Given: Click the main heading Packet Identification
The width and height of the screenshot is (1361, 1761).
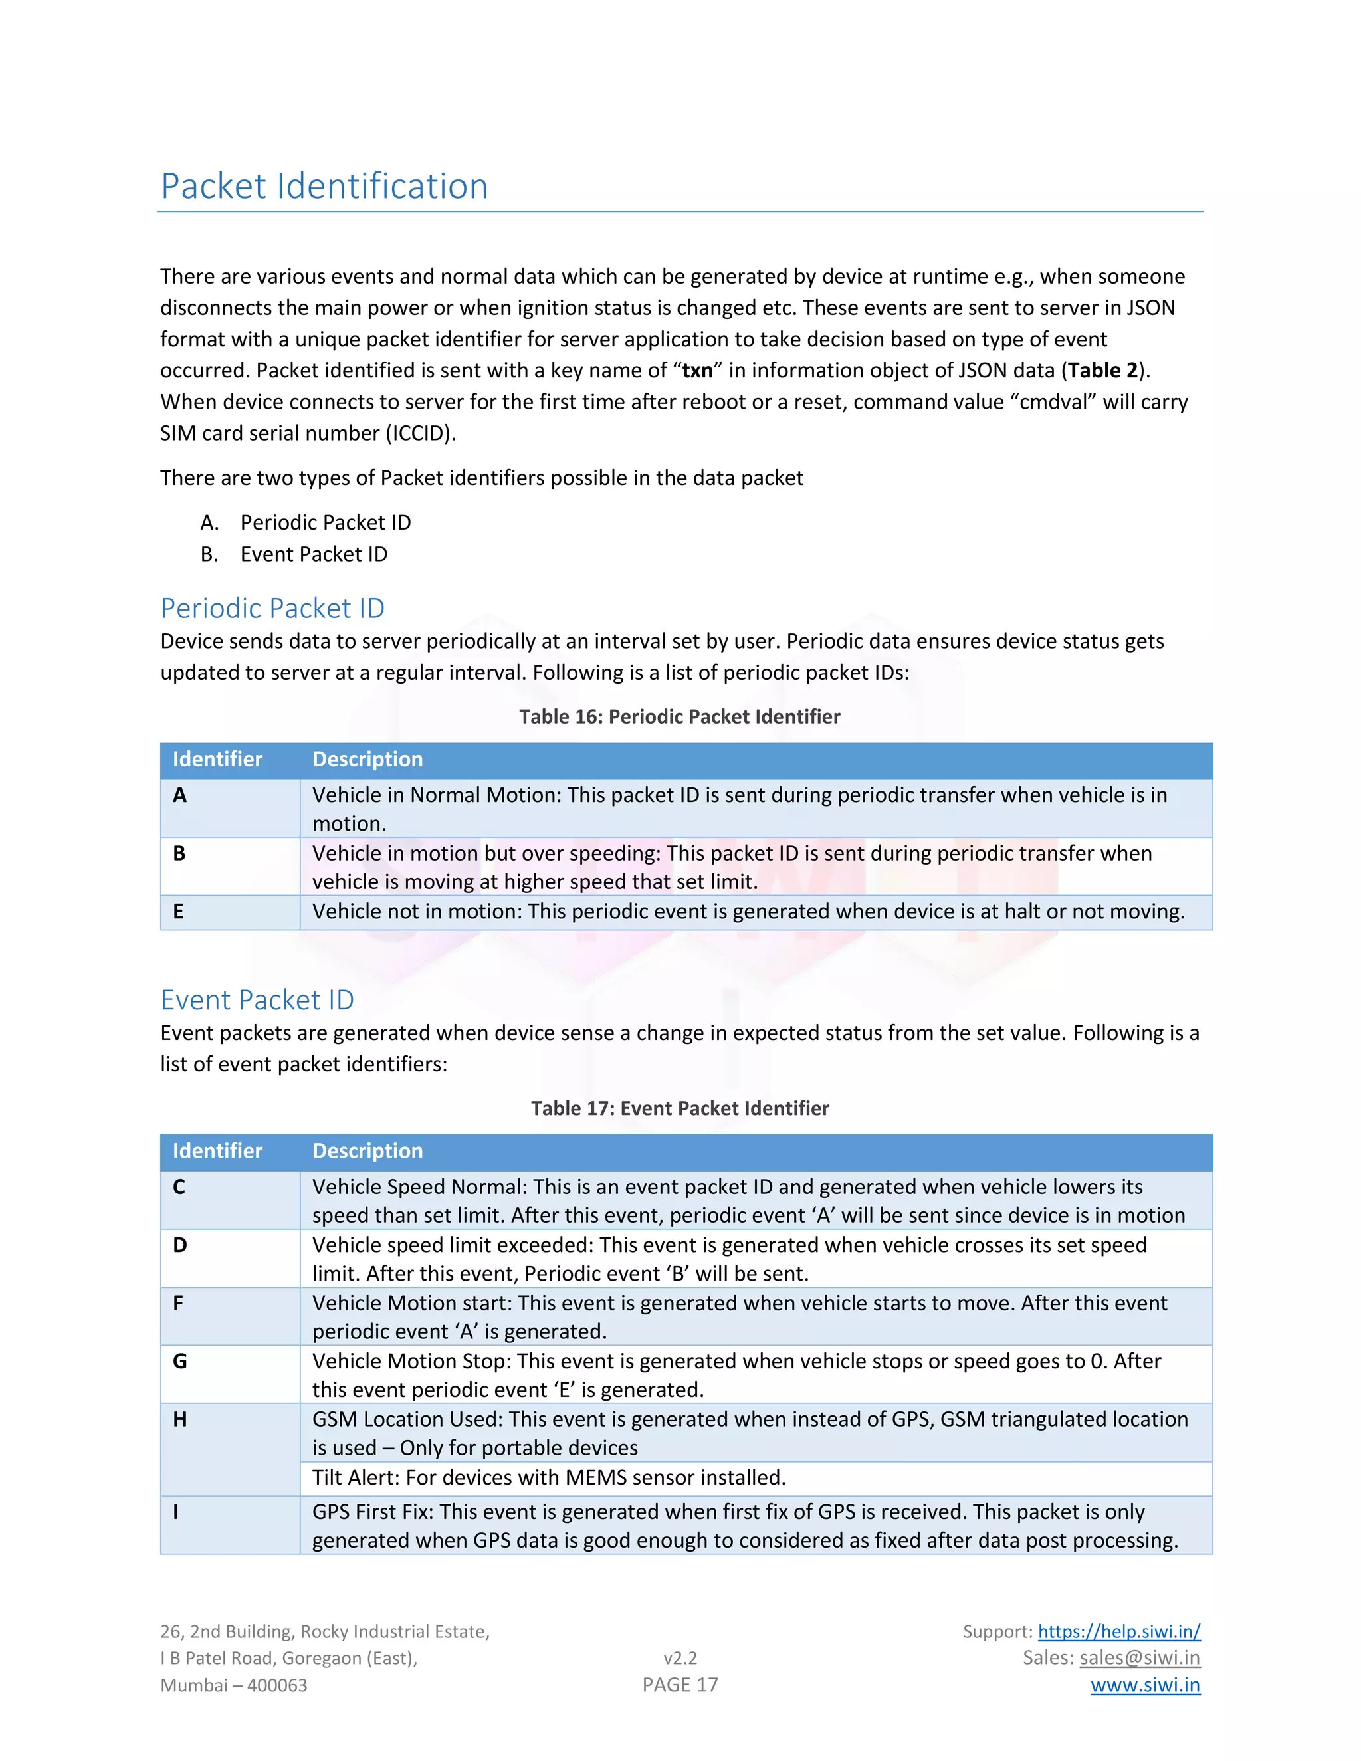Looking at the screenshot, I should tap(324, 186).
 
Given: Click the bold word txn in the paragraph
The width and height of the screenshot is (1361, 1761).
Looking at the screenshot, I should tap(696, 371).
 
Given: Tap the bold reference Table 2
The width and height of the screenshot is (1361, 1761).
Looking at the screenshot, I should tap(1102, 371).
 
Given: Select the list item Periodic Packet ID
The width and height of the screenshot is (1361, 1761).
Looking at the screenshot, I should tap(325, 522).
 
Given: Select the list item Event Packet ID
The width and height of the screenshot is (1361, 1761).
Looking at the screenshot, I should tap(314, 554).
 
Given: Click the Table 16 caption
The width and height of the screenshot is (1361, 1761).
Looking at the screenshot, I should tap(679, 717).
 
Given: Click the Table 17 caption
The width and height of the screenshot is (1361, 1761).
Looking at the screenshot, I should tap(679, 1108).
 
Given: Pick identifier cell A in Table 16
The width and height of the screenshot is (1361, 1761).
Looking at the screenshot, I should tap(180, 796).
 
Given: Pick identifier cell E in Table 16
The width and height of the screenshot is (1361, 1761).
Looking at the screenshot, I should tap(178, 912).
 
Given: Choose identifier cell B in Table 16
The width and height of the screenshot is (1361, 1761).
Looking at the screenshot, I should tap(179, 854).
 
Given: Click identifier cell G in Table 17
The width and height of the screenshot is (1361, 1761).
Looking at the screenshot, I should tap(180, 1362).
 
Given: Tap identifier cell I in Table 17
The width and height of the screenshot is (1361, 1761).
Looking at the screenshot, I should tap(175, 1512).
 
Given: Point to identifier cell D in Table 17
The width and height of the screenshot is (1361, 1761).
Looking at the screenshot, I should tap(180, 1246).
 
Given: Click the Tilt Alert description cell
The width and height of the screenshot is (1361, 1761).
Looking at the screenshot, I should tap(548, 1478).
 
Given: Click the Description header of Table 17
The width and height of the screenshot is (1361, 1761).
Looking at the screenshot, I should tap(367, 1152).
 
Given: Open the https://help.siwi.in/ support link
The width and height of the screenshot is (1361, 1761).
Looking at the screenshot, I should tap(1118, 1632).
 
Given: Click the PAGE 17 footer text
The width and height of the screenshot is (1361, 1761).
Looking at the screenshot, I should tap(680, 1685).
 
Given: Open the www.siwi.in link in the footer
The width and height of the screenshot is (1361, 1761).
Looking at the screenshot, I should tap(1145, 1685).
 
